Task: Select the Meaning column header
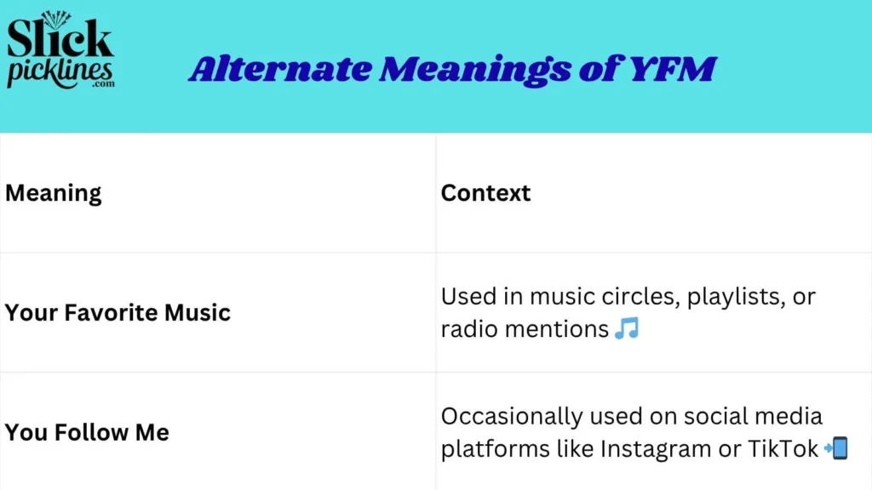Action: (53, 193)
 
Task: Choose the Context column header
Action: (485, 193)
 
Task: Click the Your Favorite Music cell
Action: (118, 312)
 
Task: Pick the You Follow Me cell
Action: (87, 432)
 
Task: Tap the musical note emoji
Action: (626, 328)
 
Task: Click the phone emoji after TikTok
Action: (836, 448)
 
